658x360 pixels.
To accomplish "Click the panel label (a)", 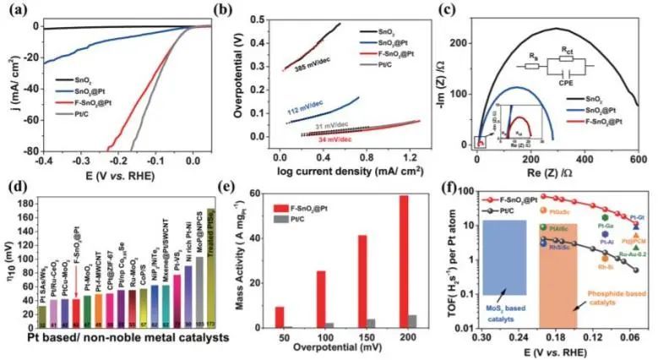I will [14, 10].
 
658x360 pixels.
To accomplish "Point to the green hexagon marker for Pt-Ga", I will [580, 218].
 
